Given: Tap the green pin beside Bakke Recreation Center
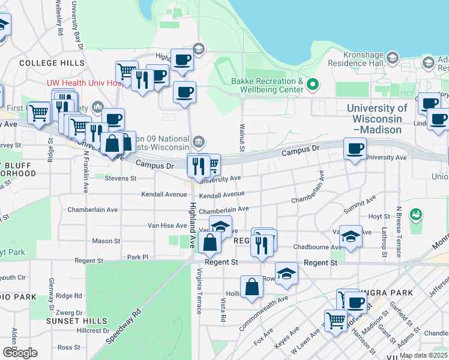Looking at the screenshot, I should (312, 85).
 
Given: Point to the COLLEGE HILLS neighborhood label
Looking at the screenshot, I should (52, 63).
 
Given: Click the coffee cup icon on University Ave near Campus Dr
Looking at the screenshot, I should (354, 148).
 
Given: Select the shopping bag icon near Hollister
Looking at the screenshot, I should (252, 287).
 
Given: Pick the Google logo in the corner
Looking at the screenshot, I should (19, 352).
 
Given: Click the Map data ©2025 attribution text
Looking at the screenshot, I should (423, 355).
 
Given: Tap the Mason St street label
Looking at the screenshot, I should (106, 241).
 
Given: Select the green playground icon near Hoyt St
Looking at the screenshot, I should (415, 214).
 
